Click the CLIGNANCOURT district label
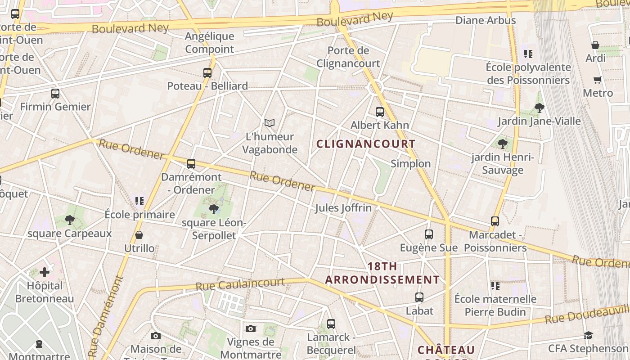[366, 144]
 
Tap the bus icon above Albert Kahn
[380, 112]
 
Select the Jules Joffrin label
[343, 208]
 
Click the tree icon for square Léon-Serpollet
[214, 209]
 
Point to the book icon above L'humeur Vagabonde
[270, 123]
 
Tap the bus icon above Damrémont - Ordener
[191, 163]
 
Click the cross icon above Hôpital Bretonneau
[45, 272]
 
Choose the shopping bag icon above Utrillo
[139, 235]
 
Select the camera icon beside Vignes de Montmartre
[251, 329]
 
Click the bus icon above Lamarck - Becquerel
[331, 324]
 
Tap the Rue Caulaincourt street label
[240, 284]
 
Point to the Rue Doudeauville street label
[587, 314]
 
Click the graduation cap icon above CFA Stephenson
[588, 335]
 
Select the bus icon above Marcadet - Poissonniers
[495, 221]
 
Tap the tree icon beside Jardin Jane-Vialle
[540, 108]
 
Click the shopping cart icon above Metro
[598, 80]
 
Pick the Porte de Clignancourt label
[348, 57]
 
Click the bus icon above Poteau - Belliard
[207, 72]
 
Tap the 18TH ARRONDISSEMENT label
[382, 273]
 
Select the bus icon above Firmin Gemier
[55, 94]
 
